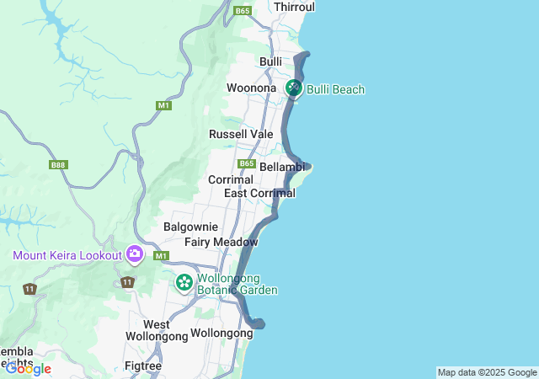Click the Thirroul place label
(294, 7)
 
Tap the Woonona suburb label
(251, 88)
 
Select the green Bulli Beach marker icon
(294, 88)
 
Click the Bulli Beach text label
(335, 88)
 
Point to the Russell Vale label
(241, 134)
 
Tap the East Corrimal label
(259, 193)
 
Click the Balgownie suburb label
(190, 227)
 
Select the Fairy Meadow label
(221, 242)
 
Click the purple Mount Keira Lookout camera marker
(134, 254)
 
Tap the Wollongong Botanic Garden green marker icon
(184, 283)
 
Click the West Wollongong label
(156, 330)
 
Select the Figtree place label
(142, 366)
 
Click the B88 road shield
(58, 165)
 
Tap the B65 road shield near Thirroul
(243, 11)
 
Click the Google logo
(28, 369)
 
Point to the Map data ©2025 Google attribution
(487, 372)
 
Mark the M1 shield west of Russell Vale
(163, 105)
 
